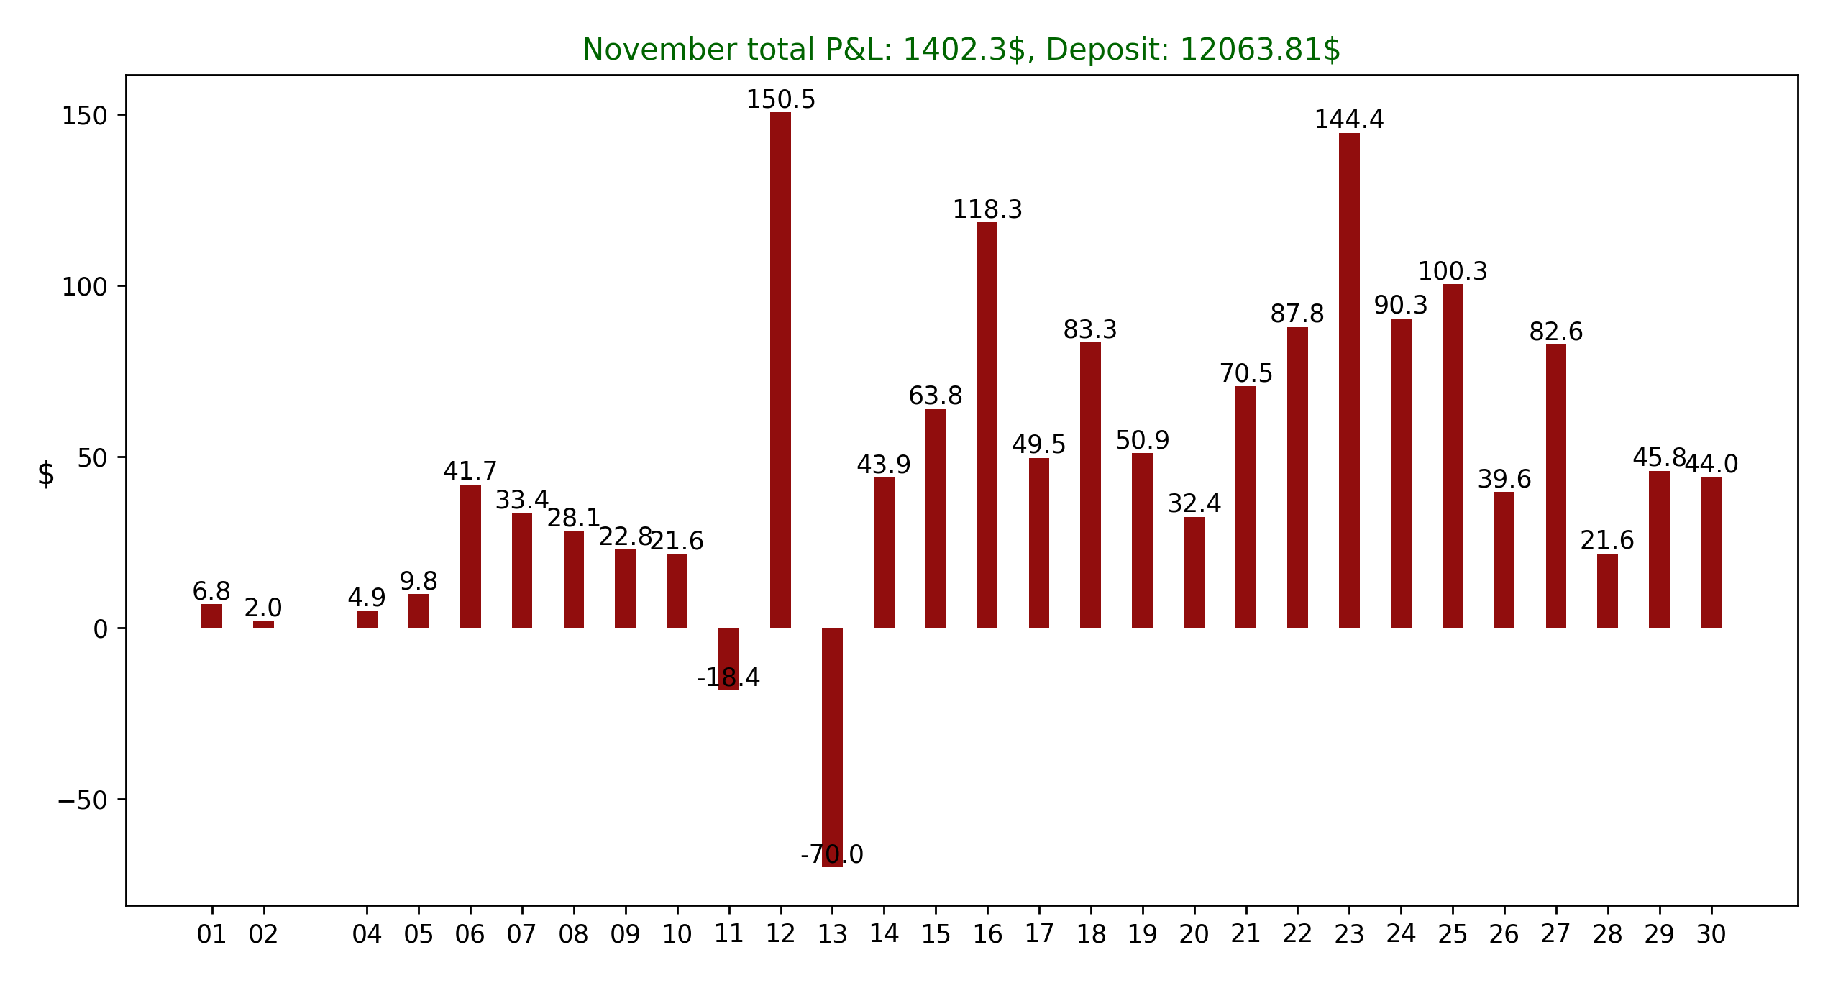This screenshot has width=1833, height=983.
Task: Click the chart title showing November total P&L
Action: [961, 50]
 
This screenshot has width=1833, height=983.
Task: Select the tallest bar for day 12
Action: [780, 370]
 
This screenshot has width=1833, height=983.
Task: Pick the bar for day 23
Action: [1349, 380]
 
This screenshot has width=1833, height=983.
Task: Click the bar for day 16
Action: [987, 425]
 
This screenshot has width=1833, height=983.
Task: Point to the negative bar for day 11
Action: [728, 658]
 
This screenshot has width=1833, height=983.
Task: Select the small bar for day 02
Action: [263, 624]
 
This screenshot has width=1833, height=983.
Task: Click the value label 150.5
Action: [780, 100]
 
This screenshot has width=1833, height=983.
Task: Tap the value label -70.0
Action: [832, 854]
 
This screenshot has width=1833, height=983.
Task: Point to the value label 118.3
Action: [987, 209]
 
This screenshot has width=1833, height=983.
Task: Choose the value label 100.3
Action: [1453, 271]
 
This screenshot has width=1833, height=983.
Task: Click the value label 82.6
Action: [1556, 332]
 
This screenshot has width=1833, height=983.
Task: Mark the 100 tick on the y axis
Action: [84, 287]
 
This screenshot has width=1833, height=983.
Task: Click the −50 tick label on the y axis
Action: [82, 800]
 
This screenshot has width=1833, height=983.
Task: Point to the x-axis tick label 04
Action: [367, 934]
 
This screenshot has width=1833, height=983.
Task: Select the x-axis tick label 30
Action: [1711, 934]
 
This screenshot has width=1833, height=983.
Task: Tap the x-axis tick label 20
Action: [1194, 934]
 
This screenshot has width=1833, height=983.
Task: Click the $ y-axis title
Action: [46, 474]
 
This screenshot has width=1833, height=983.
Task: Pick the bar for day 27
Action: [1556, 486]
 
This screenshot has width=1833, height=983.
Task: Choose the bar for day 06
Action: [470, 556]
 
